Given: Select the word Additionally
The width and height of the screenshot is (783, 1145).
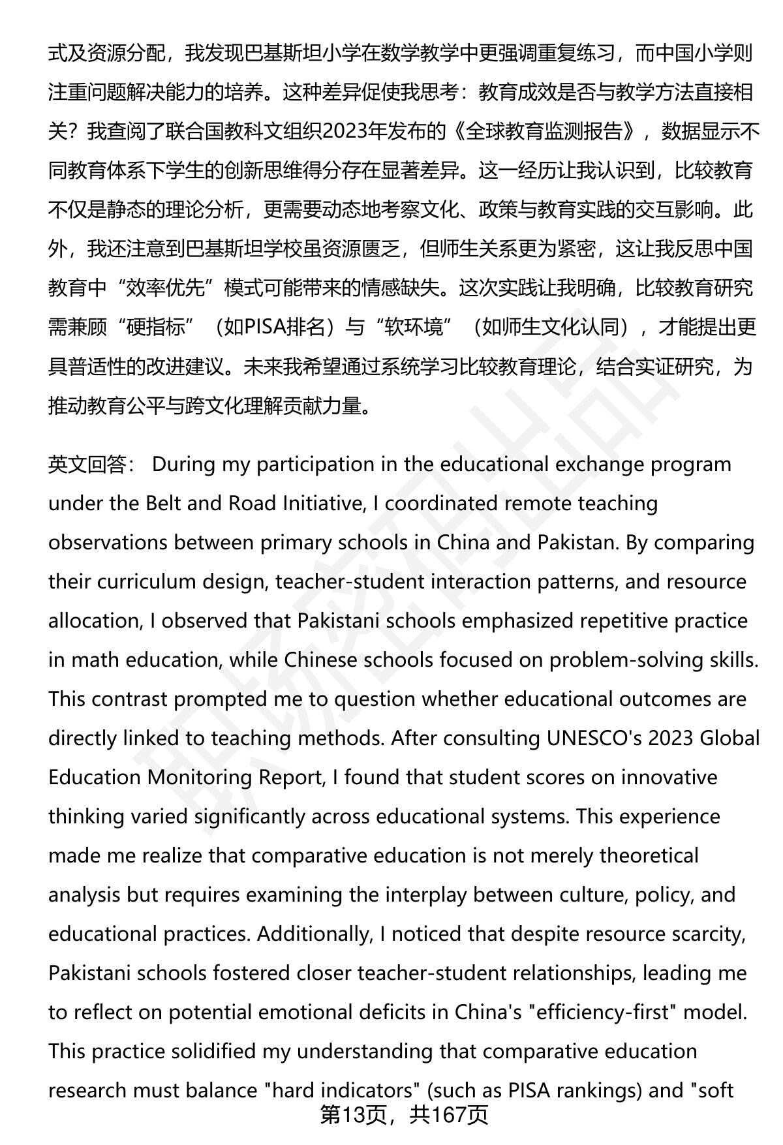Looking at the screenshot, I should (314, 934).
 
